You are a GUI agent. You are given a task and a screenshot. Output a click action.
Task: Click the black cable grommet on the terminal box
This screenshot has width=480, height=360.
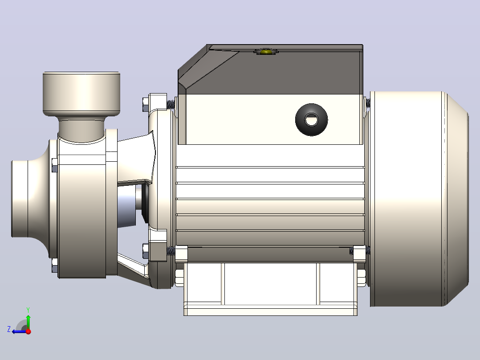click(311, 119)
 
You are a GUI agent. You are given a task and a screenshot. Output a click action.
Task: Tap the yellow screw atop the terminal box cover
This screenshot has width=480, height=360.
click(265, 51)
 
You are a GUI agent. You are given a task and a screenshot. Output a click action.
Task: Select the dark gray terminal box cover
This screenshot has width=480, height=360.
click(270, 69)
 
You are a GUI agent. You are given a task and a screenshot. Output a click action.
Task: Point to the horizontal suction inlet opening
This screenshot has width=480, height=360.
click(20, 199)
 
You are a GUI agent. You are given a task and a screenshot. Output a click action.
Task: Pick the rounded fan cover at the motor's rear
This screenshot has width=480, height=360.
click(419, 199)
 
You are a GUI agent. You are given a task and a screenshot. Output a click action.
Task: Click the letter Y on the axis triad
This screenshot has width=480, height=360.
click(28, 310)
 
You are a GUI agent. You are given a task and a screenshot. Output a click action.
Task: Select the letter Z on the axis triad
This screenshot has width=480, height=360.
click(9, 329)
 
